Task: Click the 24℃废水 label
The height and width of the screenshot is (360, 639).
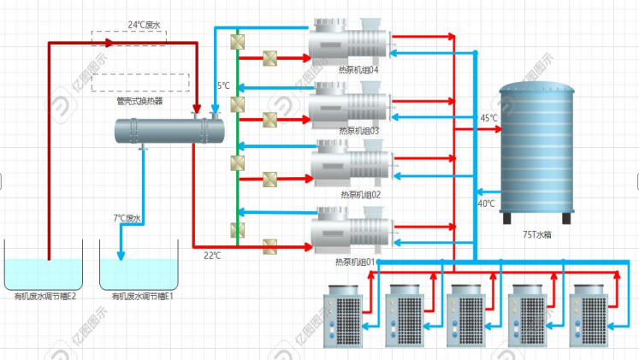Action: pos(144,25)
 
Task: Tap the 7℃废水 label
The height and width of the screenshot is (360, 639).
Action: pos(127,218)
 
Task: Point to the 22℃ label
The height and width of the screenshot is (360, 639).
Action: pos(212,255)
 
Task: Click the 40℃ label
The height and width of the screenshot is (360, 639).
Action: pos(486,204)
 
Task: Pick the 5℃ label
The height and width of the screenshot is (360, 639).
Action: pos(223,86)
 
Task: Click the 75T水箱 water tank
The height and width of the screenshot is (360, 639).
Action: pos(539,150)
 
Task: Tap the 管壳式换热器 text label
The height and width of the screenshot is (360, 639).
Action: pos(139,101)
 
